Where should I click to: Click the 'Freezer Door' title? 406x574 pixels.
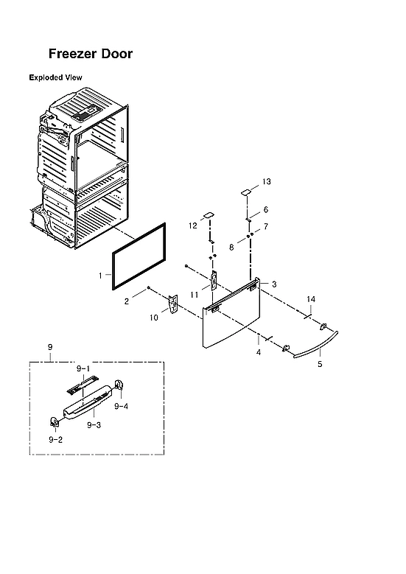point(91,54)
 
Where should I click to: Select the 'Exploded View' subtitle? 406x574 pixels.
point(55,77)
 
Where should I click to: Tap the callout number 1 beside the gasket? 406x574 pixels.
point(100,275)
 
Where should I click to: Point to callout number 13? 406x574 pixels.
point(267,181)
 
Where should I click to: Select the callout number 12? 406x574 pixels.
point(192,225)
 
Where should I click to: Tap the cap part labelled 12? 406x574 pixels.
point(209,215)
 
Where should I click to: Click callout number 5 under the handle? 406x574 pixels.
point(320,364)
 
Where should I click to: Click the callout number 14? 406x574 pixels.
point(311,298)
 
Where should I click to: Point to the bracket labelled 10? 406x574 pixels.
point(174,305)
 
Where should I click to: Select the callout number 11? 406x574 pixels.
point(195,295)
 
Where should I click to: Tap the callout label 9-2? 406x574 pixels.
point(55,440)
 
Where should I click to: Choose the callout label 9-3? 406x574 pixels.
point(94,425)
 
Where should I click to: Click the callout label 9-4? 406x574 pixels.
point(121,405)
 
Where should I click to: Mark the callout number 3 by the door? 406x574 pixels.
point(274,284)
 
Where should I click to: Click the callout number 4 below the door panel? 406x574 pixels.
point(259,353)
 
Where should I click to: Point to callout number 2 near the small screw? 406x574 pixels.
point(126,301)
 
